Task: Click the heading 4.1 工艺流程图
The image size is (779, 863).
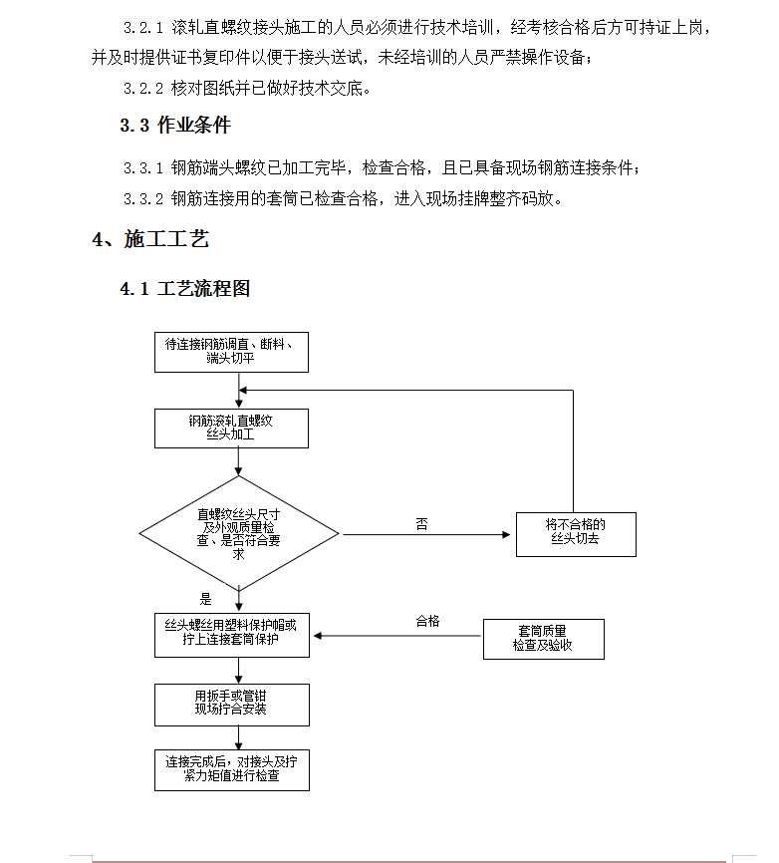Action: tap(185, 288)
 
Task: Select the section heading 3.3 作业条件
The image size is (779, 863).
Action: tap(175, 125)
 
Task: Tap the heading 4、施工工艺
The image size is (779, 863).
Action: tap(150, 239)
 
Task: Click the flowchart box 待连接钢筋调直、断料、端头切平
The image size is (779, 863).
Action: tap(231, 352)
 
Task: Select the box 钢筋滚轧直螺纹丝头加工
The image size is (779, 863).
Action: tap(231, 429)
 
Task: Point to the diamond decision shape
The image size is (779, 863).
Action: tap(239, 533)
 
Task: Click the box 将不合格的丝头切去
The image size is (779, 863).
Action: tap(576, 534)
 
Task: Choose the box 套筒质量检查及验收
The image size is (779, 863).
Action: tap(544, 639)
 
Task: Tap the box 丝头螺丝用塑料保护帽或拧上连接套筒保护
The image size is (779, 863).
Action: tap(232, 635)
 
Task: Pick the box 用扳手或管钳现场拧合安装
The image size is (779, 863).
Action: tap(232, 705)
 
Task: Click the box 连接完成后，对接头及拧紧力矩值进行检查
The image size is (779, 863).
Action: tap(232, 770)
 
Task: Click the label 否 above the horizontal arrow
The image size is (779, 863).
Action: tap(422, 524)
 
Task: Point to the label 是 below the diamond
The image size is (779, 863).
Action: tap(206, 599)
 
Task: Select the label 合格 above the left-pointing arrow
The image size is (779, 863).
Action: tap(428, 621)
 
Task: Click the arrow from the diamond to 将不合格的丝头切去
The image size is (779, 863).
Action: tap(426, 534)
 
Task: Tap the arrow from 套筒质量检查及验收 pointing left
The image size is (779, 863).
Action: tap(396, 636)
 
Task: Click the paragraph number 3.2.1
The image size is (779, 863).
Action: tap(143, 28)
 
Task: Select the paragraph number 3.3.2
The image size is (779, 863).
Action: tap(143, 198)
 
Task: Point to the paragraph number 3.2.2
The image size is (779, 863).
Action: tap(143, 88)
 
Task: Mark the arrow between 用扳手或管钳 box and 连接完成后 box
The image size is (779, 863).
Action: tap(239, 738)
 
